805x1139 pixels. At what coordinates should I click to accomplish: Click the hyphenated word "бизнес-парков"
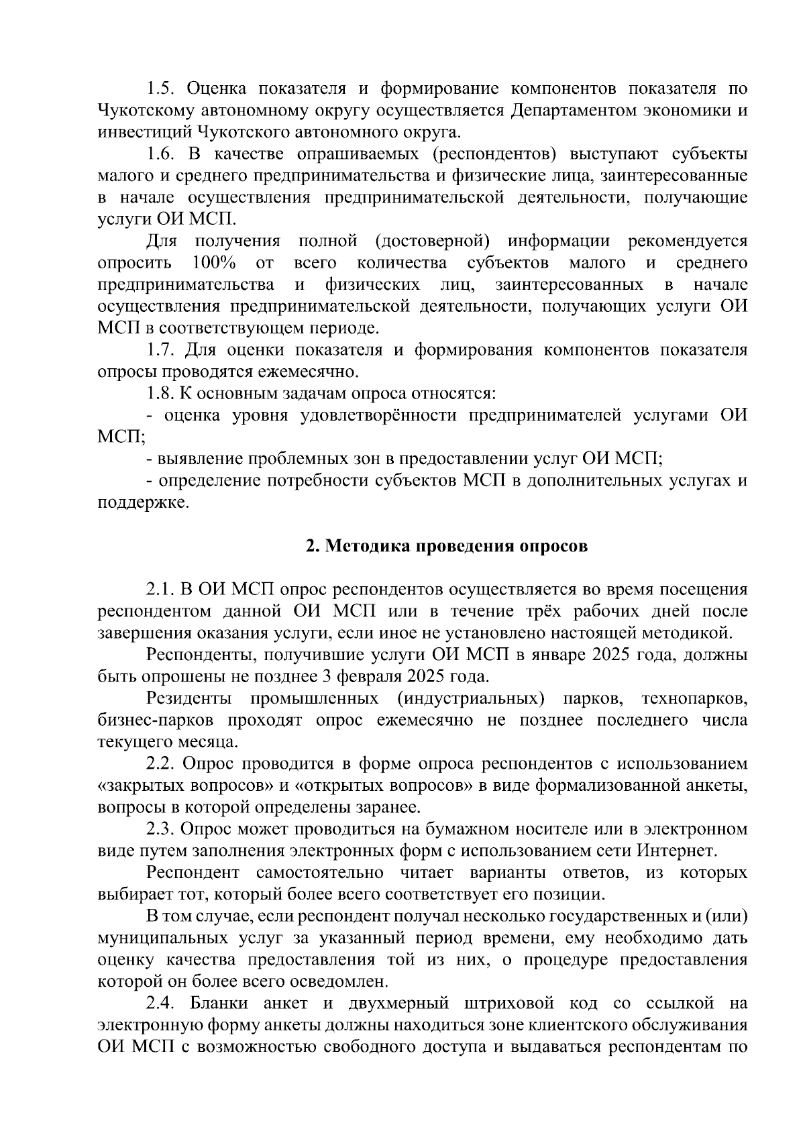click(156, 721)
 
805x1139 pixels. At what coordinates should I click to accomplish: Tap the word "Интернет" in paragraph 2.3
click(678, 851)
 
